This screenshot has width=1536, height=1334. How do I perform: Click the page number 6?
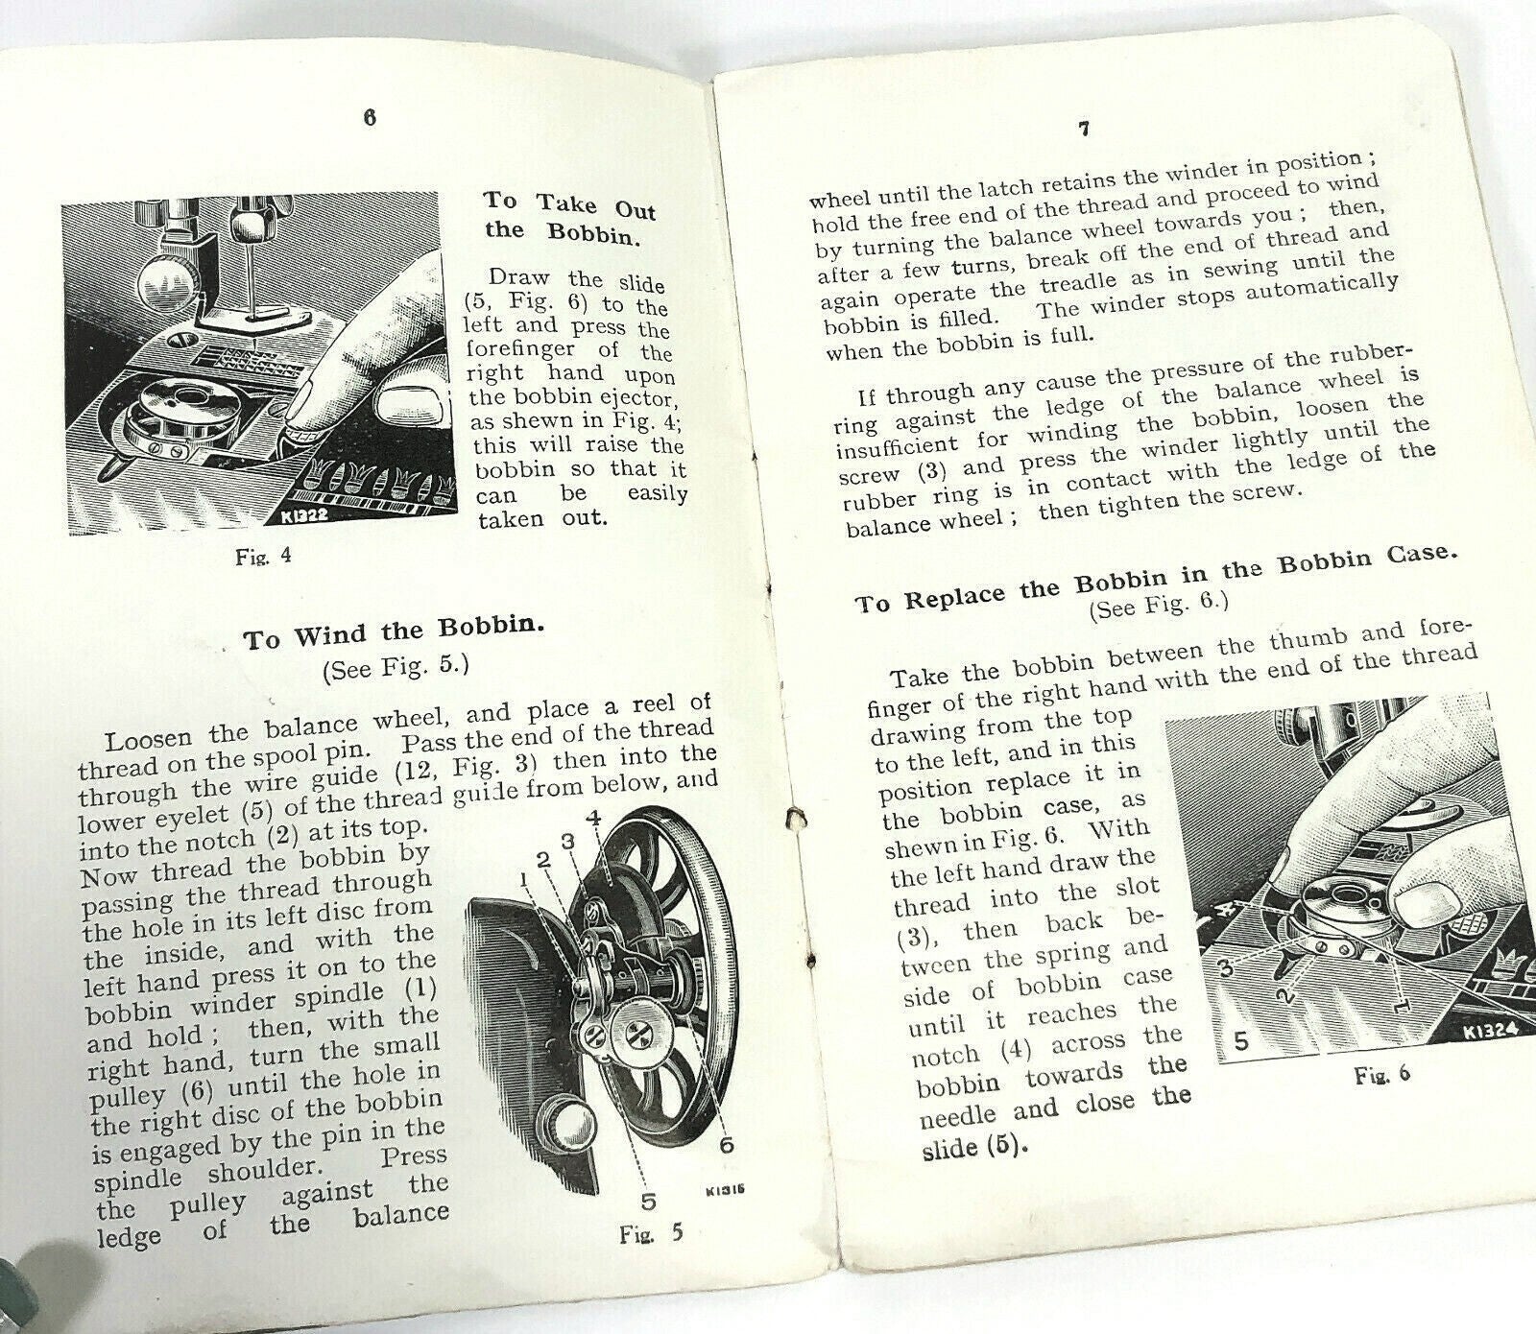pos(370,117)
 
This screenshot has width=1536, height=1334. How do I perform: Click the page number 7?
pos(1084,130)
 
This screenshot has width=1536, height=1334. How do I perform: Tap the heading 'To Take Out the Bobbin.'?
pos(570,216)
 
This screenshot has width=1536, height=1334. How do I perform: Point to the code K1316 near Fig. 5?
pos(727,1191)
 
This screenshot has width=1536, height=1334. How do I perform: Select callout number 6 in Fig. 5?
pos(727,1144)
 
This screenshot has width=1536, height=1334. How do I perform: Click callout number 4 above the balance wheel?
pos(594,819)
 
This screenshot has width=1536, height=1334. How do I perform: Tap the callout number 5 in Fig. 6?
pos(1240,1041)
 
